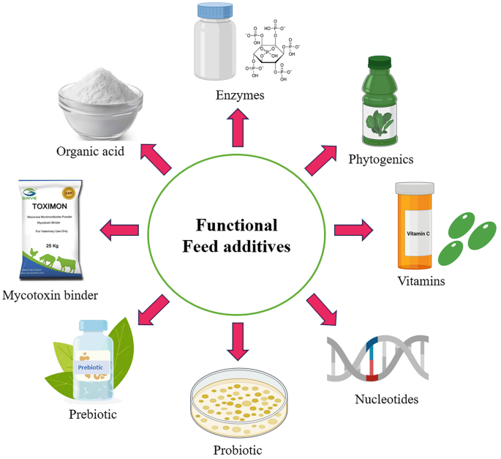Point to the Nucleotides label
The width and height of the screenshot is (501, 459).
coord(387,399)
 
